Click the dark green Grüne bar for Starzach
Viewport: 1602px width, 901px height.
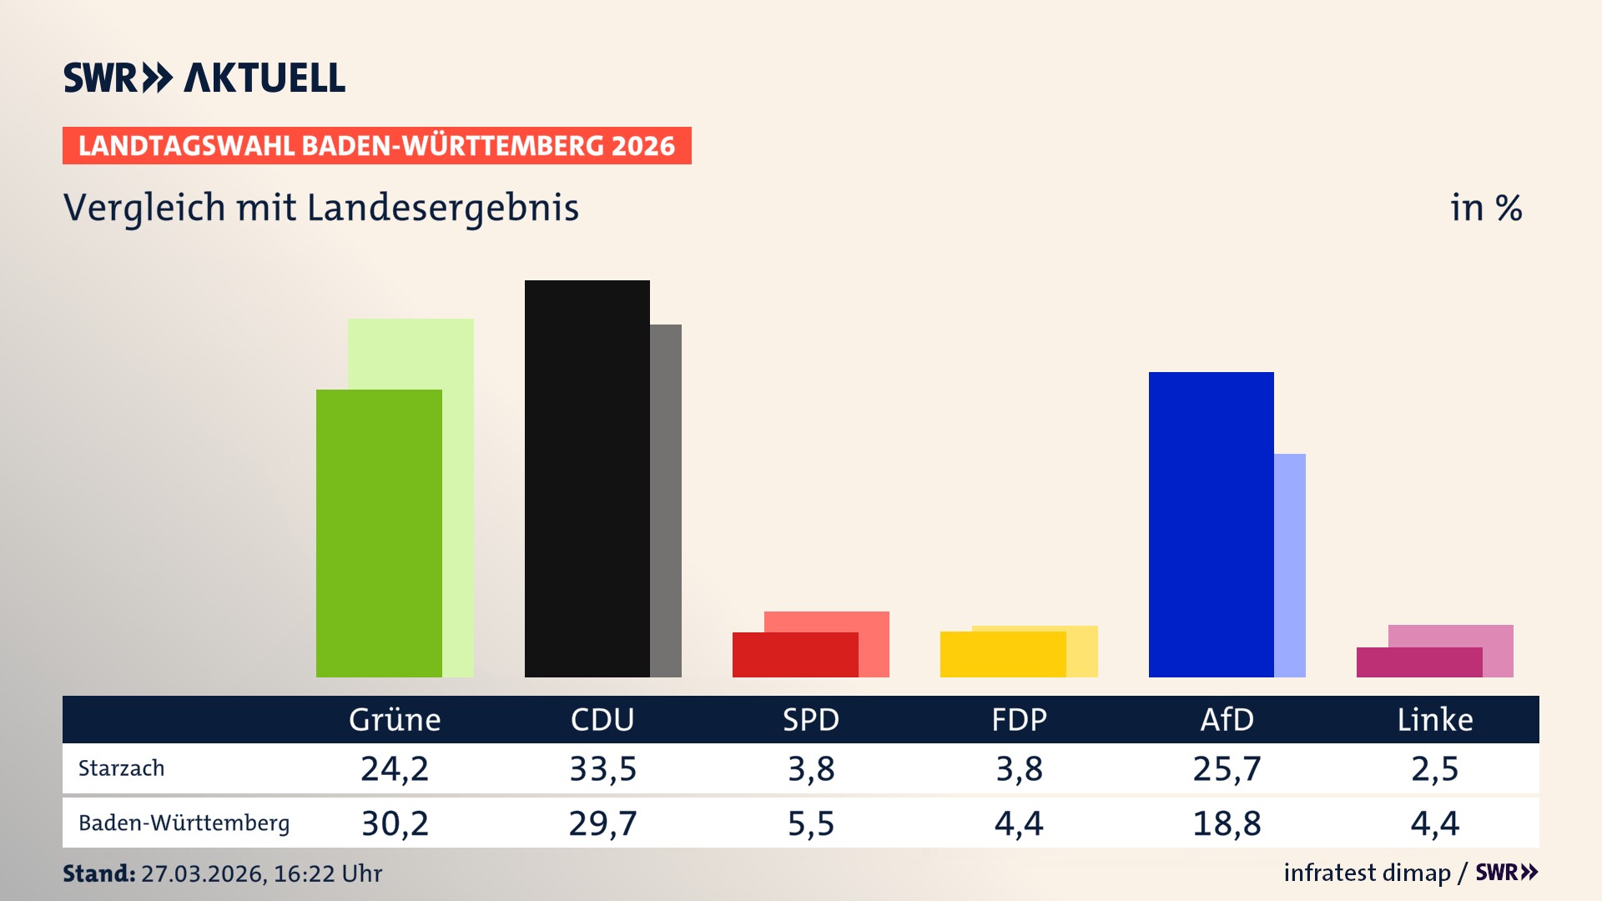click(x=379, y=533)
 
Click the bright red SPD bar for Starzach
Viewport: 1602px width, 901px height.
click(x=794, y=655)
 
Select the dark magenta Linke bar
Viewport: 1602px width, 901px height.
click(x=1418, y=662)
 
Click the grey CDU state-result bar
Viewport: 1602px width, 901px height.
click(x=666, y=501)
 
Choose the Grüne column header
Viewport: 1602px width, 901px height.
click(x=395, y=719)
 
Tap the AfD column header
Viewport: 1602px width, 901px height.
click(x=1227, y=719)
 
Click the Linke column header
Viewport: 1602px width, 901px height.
click(x=1435, y=719)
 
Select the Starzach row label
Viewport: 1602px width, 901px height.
click(x=122, y=768)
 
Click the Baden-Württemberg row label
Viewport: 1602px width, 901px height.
click(x=184, y=823)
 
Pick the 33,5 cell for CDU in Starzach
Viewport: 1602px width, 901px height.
click(x=602, y=768)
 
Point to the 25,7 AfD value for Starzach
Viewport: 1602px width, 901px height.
click(x=1227, y=768)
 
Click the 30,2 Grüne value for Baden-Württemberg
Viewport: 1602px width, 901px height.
click(x=395, y=823)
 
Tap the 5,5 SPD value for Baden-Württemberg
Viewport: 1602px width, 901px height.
click(x=811, y=823)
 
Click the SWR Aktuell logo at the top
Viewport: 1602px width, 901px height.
click(x=204, y=78)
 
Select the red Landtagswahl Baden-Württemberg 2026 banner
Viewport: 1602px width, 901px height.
click(x=376, y=146)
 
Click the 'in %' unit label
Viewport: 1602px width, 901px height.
click(x=1486, y=208)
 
